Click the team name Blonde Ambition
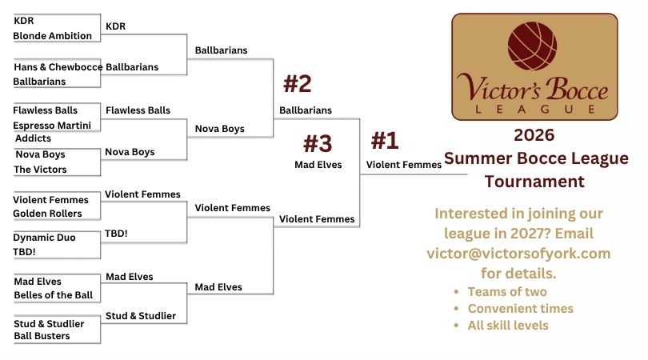(x=53, y=36)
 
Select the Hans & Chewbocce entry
(x=58, y=67)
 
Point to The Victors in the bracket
(x=40, y=170)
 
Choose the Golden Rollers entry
(x=47, y=214)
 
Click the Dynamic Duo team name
(x=44, y=238)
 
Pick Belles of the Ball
(x=54, y=295)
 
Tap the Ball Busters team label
(x=42, y=336)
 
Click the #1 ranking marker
(x=385, y=140)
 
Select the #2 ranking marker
(x=297, y=84)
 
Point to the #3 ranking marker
(x=318, y=143)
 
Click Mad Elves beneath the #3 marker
(x=318, y=165)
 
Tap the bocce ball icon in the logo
(x=532, y=46)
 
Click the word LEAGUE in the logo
(x=534, y=109)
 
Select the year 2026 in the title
(x=534, y=135)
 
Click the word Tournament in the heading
(x=534, y=182)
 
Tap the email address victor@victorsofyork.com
(x=518, y=254)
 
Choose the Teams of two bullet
(x=507, y=292)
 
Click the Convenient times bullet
(x=520, y=309)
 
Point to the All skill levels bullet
(x=508, y=326)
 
